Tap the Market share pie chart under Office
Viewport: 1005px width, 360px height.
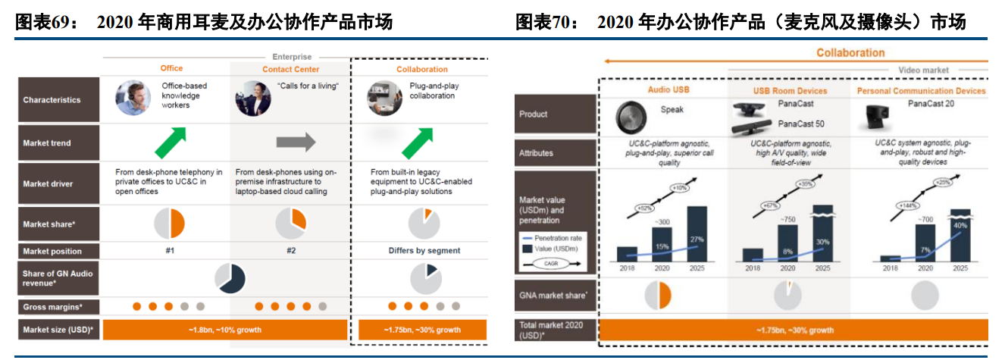(x=169, y=224)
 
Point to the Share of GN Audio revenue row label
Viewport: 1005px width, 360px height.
(x=58, y=278)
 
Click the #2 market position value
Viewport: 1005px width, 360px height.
(x=290, y=251)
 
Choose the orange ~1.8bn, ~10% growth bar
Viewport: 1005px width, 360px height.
(x=225, y=330)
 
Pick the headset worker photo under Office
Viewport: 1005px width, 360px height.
(x=133, y=99)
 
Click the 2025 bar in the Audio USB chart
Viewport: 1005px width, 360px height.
(x=697, y=233)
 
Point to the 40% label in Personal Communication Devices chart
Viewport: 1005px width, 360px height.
(x=960, y=226)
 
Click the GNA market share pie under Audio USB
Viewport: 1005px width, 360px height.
(x=657, y=295)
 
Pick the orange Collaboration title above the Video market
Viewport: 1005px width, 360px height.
(x=850, y=53)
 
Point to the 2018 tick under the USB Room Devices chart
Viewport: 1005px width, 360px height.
(x=752, y=268)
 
